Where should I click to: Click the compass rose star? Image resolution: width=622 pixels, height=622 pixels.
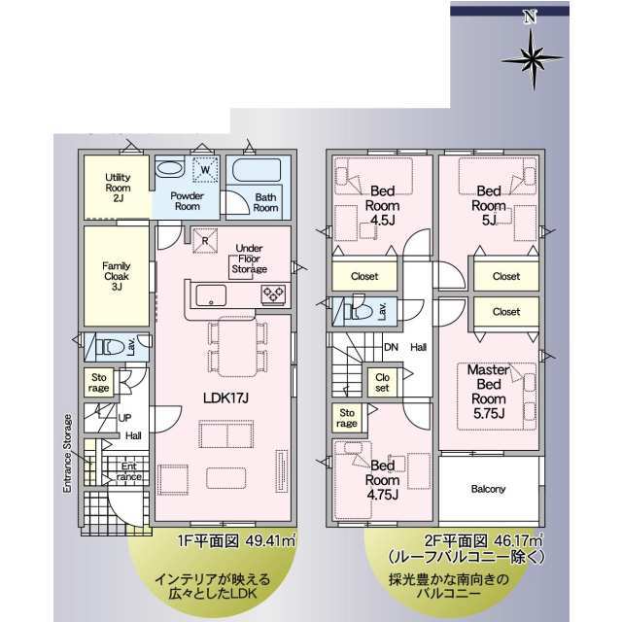pyautogui.click(x=533, y=59)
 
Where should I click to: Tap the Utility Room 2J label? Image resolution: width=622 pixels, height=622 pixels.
pyautogui.click(x=118, y=188)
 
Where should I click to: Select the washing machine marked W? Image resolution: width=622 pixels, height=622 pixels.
pyautogui.click(x=205, y=170)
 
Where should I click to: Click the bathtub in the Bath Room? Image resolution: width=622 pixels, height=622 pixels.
pyautogui.click(x=257, y=170)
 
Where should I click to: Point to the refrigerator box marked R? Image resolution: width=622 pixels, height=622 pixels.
pyautogui.click(x=205, y=240)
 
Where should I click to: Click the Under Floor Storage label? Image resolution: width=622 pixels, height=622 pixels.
pyautogui.click(x=249, y=259)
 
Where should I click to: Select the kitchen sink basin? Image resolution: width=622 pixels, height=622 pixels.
pyautogui.click(x=211, y=295)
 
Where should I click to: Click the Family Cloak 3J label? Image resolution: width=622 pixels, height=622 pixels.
pyautogui.click(x=117, y=276)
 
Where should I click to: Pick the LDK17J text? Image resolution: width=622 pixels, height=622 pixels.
pyautogui.click(x=225, y=397)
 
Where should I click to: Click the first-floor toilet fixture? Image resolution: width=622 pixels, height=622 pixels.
pyautogui.click(x=110, y=348)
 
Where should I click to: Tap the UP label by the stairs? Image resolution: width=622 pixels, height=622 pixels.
pyautogui.click(x=124, y=418)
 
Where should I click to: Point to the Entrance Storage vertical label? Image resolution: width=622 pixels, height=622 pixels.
pyautogui.click(x=68, y=454)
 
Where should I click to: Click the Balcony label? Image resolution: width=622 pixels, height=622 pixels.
pyautogui.click(x=488, y=489)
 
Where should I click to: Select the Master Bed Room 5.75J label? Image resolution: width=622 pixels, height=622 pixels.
pyautogui.click(x=489, y=392)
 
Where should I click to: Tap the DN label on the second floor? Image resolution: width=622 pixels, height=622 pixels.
pyautogui.click(x=391, y=347)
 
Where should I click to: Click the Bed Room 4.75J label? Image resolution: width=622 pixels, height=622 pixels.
pyautogui.click(x=382, y=480)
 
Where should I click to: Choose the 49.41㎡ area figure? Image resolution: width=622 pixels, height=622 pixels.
pyautogui.click(x=271, y=540)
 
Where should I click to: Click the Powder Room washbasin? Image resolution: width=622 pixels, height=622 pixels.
pyautogui.click(x=169, y=169)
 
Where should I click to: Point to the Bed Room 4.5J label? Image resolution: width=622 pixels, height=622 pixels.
pyautogui.click(x=382, y=205)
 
